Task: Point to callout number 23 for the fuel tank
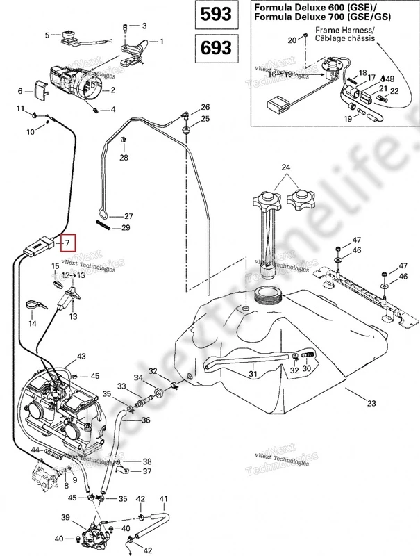[x=371, y=402]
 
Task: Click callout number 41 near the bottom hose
[x=164, y=500]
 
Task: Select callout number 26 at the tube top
[x=205, y=107]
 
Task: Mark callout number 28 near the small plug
[x=124, y=158]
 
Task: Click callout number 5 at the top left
[x=48, y=35]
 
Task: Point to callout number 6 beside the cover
[x=21, y=90]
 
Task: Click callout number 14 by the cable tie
[x=32, y=324]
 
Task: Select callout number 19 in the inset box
[x=347, y=119]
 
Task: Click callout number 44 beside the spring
[x=35, y=451]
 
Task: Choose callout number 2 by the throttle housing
[x=112, y=90]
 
